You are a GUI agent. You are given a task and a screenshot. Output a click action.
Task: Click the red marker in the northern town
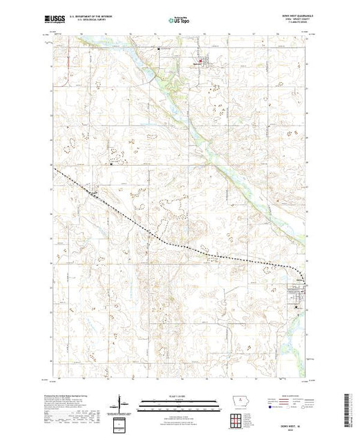coord(201,64)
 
